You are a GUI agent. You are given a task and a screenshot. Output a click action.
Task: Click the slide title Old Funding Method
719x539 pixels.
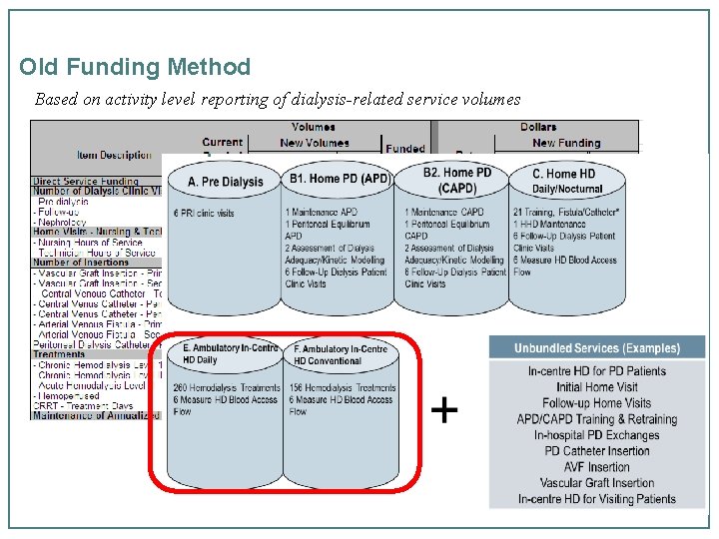pos(135,68)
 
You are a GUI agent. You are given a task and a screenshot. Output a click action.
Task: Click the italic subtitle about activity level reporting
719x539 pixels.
pos(278,100)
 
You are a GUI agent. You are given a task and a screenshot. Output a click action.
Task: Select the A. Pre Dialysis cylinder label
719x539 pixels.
pos(226,182)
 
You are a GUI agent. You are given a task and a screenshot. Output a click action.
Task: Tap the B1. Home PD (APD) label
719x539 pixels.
pos(340,180)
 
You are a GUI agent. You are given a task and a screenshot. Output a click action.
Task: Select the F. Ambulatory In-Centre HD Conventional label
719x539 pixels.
pos(341,354)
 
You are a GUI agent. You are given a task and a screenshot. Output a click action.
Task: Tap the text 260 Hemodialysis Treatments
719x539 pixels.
pos(228,388)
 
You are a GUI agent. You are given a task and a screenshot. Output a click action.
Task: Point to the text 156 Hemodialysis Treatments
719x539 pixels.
pos(343,388)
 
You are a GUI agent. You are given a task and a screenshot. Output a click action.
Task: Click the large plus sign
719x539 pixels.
pos(445,410)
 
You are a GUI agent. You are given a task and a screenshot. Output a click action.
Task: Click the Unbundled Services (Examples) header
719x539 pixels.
pos(596,348)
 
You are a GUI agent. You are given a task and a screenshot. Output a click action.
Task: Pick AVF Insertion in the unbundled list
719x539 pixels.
pos(596,467)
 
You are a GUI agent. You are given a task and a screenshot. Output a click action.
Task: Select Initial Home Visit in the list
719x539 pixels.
pos(597,387)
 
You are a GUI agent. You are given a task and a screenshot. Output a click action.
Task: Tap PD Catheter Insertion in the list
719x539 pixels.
pos(596,451)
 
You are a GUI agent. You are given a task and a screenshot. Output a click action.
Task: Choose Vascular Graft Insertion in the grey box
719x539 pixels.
pos(597,483)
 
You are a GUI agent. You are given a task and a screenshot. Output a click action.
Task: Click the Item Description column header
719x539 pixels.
pos(114,155)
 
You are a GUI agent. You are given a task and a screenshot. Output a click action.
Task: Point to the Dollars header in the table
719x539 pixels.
pos(538,127)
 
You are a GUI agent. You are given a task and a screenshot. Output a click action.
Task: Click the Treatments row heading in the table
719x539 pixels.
pos(59,353)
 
